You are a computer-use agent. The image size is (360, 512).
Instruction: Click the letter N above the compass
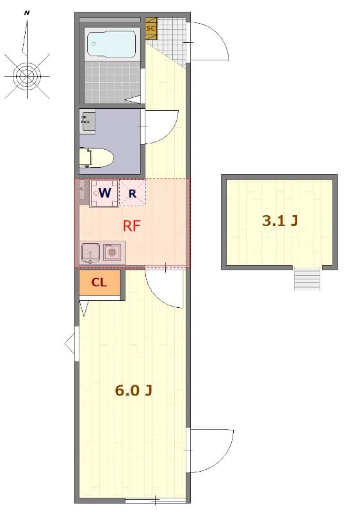click(27, 12)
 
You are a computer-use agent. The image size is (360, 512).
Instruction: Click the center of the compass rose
click(27, 76)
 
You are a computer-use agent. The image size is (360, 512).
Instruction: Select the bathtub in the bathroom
click(111, 44)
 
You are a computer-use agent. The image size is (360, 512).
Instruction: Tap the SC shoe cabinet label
click(151, 28)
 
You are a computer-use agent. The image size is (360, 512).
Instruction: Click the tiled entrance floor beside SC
click(171, 38)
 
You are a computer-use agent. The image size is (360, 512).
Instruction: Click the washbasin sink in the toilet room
click(88, 120)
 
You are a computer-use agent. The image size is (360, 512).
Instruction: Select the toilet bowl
click(97, 157)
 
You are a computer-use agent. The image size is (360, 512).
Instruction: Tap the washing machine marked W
click(104, 193)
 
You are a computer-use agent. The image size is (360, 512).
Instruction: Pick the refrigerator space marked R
click(133, 193)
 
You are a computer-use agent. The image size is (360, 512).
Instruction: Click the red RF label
click(132, 226)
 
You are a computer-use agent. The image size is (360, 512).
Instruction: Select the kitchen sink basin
click(90, 253)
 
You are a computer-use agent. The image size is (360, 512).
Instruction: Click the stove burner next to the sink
click(112, 252)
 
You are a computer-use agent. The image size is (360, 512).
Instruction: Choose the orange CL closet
click(99, 283)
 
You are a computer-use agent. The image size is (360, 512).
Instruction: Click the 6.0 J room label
click(133, 390)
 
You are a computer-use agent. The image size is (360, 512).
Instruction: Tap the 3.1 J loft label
click(280, 221)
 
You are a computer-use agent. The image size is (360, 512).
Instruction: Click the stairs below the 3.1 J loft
click(307, 279)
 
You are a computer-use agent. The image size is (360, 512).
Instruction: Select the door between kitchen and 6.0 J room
click(164, 286)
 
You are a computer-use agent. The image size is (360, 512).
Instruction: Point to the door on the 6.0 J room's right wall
click(210, 450)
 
